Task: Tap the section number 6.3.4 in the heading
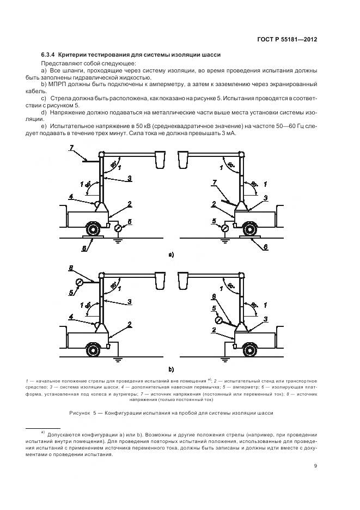48,55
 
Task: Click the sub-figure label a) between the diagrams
171,254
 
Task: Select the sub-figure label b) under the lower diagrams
171,368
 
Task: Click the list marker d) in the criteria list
45,111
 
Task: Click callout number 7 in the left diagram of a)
71,148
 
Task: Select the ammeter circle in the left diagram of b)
80,282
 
